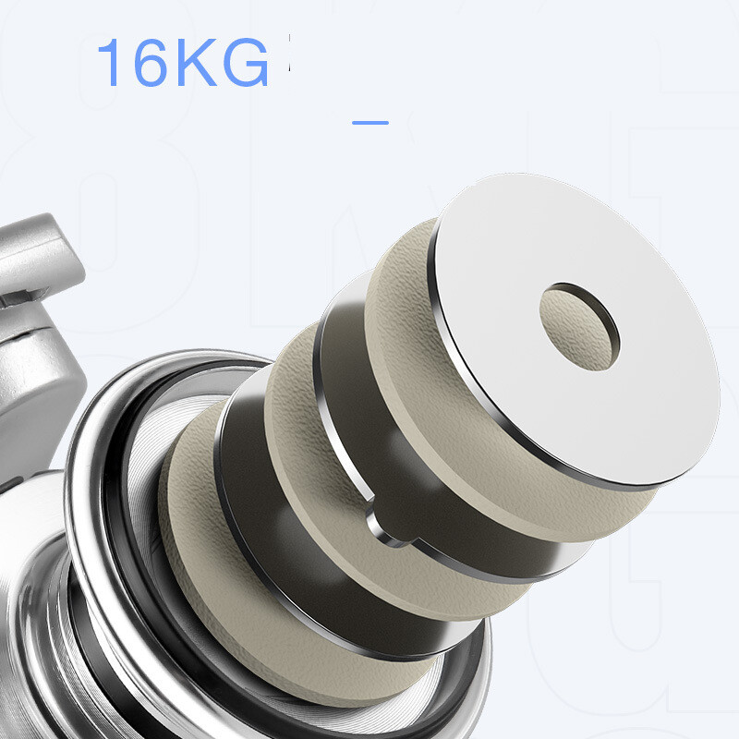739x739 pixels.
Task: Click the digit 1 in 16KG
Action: tap(109, 62)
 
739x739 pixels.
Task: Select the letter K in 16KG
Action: tap(197, 62)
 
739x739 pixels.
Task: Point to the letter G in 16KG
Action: tap(245, 62)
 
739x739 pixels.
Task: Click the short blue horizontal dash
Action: tap(370, 123)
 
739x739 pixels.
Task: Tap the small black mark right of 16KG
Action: tap(289, 53)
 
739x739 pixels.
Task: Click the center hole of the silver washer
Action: tap(580, 327)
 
